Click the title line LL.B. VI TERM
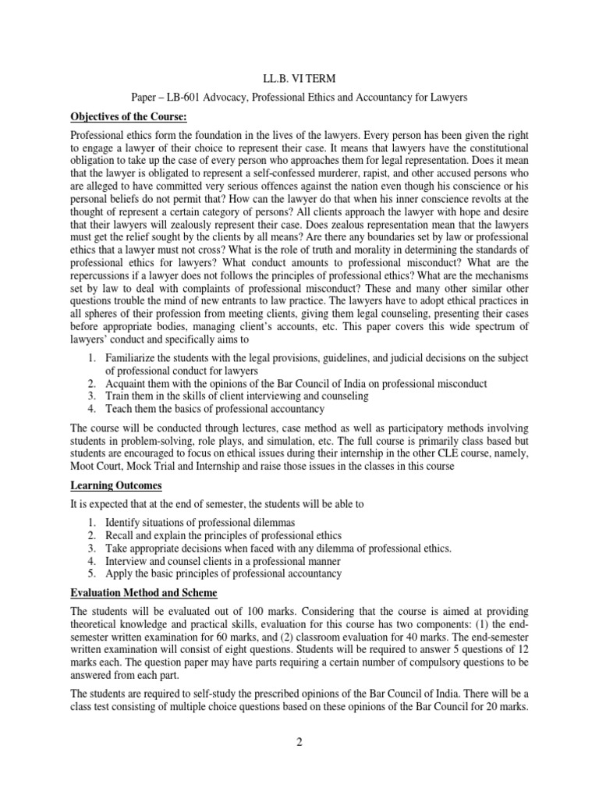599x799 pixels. [299, 79]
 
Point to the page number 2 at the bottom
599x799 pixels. [299, 741]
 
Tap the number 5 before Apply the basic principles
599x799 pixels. [90, 574]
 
